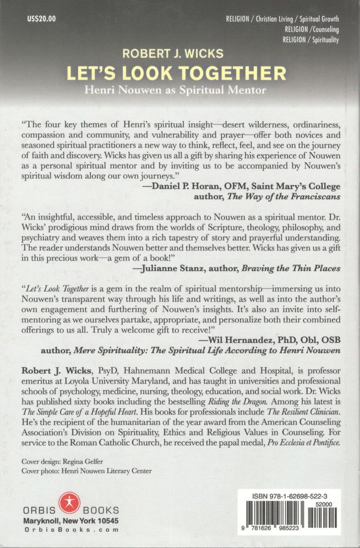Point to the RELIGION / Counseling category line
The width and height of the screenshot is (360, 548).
point(312,29)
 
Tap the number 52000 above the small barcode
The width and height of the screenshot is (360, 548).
point(325,505)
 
